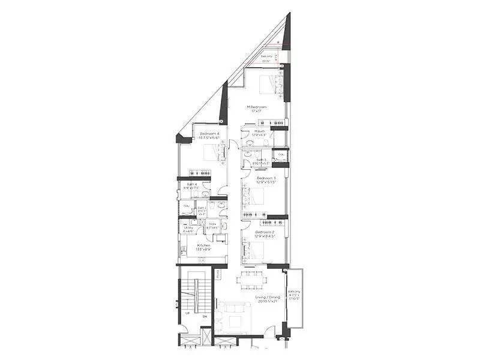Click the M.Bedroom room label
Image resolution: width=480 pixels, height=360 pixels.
point(260,107)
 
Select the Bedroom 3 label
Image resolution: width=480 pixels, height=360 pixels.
point(266,178)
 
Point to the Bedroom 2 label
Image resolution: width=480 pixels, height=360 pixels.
point(265,232)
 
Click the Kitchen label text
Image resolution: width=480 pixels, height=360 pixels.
point(204,246)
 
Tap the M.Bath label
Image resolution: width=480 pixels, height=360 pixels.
point(260,131)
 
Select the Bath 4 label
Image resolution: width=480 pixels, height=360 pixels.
point(192,184)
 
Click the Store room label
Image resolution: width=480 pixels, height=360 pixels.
point(212,225)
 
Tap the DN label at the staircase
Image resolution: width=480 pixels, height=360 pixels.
point(205,316)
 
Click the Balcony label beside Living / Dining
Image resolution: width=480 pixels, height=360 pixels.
point(294,295)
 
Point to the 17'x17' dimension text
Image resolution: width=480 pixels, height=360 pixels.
point(258,112)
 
